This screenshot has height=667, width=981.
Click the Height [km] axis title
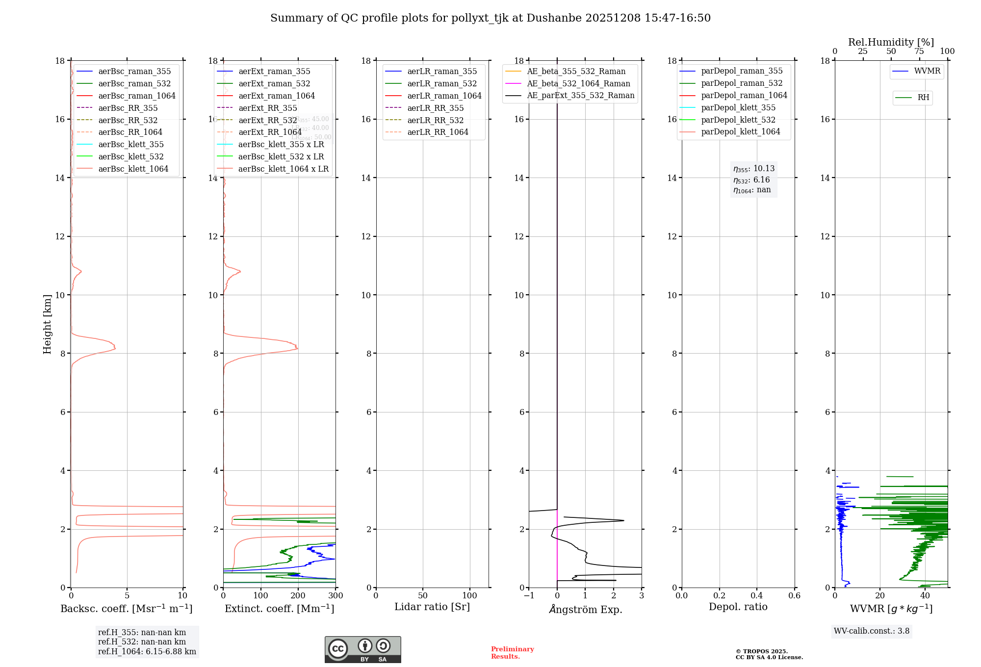pyautogui.click(x=47, y=324)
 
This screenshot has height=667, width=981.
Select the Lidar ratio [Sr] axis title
pyautogui.click(x=432, y=607)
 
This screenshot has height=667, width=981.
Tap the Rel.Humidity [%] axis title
pyautogui.click(x=891, y=42)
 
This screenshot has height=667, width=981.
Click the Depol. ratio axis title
pyautogui.click(x=738, y=607)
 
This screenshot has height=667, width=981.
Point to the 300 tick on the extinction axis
pyautogui.click(x=336, y=596)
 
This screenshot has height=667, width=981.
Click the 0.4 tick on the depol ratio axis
pyautogui.click(x=757, y=596)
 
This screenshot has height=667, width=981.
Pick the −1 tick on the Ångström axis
pyautogui.click(x=529, y=596)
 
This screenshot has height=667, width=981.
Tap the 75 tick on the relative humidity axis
pyautogui.click(x=919, y=51)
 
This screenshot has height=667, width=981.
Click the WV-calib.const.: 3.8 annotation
pyautogui.click(x=871, y=631)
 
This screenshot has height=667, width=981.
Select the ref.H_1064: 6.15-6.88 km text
pyautogui.click(x=147, y=652)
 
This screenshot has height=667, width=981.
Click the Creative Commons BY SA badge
pyautogui.click(x=362, y=649)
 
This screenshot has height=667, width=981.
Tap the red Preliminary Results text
pyautogui.click(x=512, y=653)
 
